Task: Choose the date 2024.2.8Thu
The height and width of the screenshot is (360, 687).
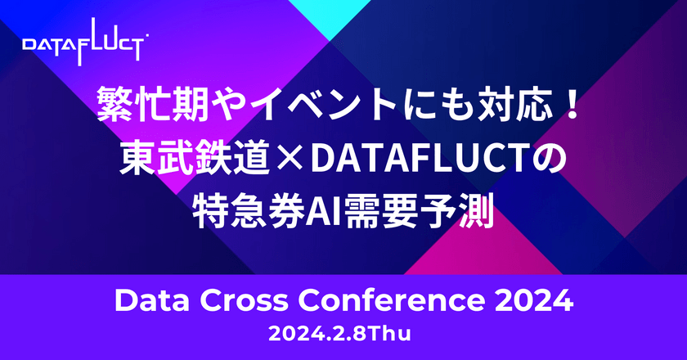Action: tap(343, 335)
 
